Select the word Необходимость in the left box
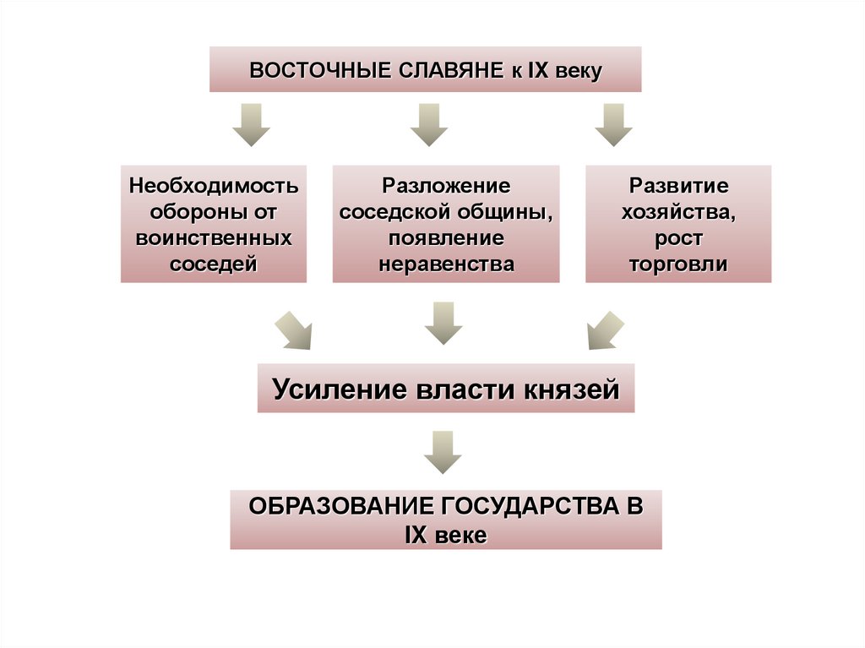coord(214,185)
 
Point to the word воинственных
coord(214,237)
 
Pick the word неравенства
coord(446,264)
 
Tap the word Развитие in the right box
coord(678,185)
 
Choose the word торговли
coord(678,264)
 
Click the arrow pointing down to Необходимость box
coord(251,125)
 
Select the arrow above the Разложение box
coord(429,125)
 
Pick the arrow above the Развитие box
coord(614,125)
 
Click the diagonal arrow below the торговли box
coord(605,330)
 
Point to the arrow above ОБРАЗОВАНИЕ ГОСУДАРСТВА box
coord(443,452)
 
